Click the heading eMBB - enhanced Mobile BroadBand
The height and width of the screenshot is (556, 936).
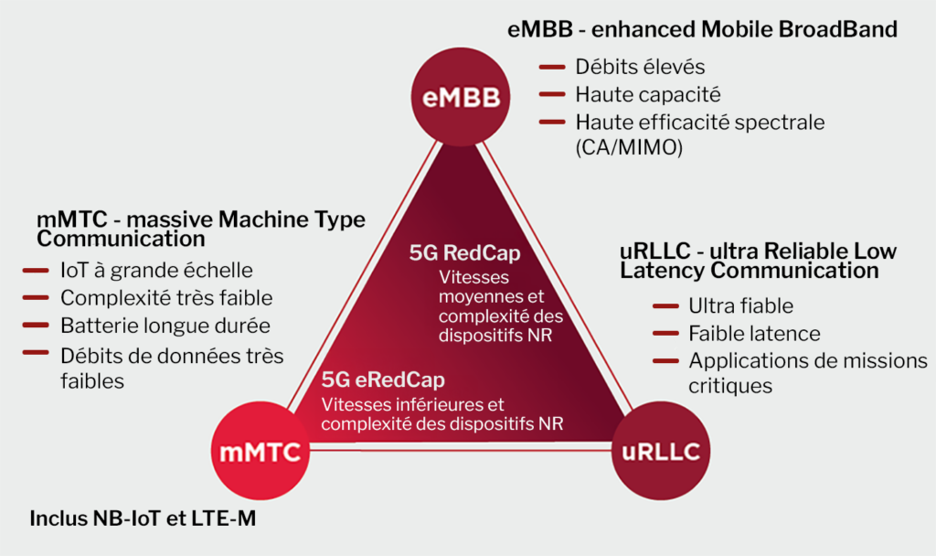tap(702, 29)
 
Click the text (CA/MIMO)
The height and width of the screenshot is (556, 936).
tap(629, 148)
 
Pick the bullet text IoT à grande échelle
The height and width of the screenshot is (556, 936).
tap(156, 271)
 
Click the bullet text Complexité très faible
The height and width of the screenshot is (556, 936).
tap(166, 298)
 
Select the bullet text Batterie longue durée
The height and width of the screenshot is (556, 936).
tap(165, 326)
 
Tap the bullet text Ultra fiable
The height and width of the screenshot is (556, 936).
tap(740, 305)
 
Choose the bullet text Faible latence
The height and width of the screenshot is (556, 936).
tap(754, 333)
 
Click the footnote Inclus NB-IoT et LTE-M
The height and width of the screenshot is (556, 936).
tap(144, 519)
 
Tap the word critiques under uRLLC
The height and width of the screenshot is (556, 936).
tap(730, 386)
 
